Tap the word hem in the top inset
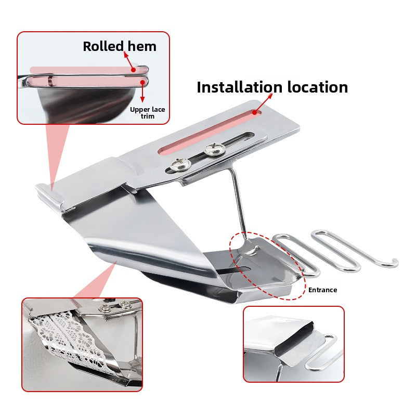click(142, 46)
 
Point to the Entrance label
click(322, 290)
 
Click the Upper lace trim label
click(148, 113)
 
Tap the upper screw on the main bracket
click(215, 149)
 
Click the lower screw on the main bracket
click(180, 165)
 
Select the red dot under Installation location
click(255, 112)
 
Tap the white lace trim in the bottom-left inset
click(72, 340)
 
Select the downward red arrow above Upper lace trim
click(142, 92)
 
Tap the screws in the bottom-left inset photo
click(115, 307)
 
